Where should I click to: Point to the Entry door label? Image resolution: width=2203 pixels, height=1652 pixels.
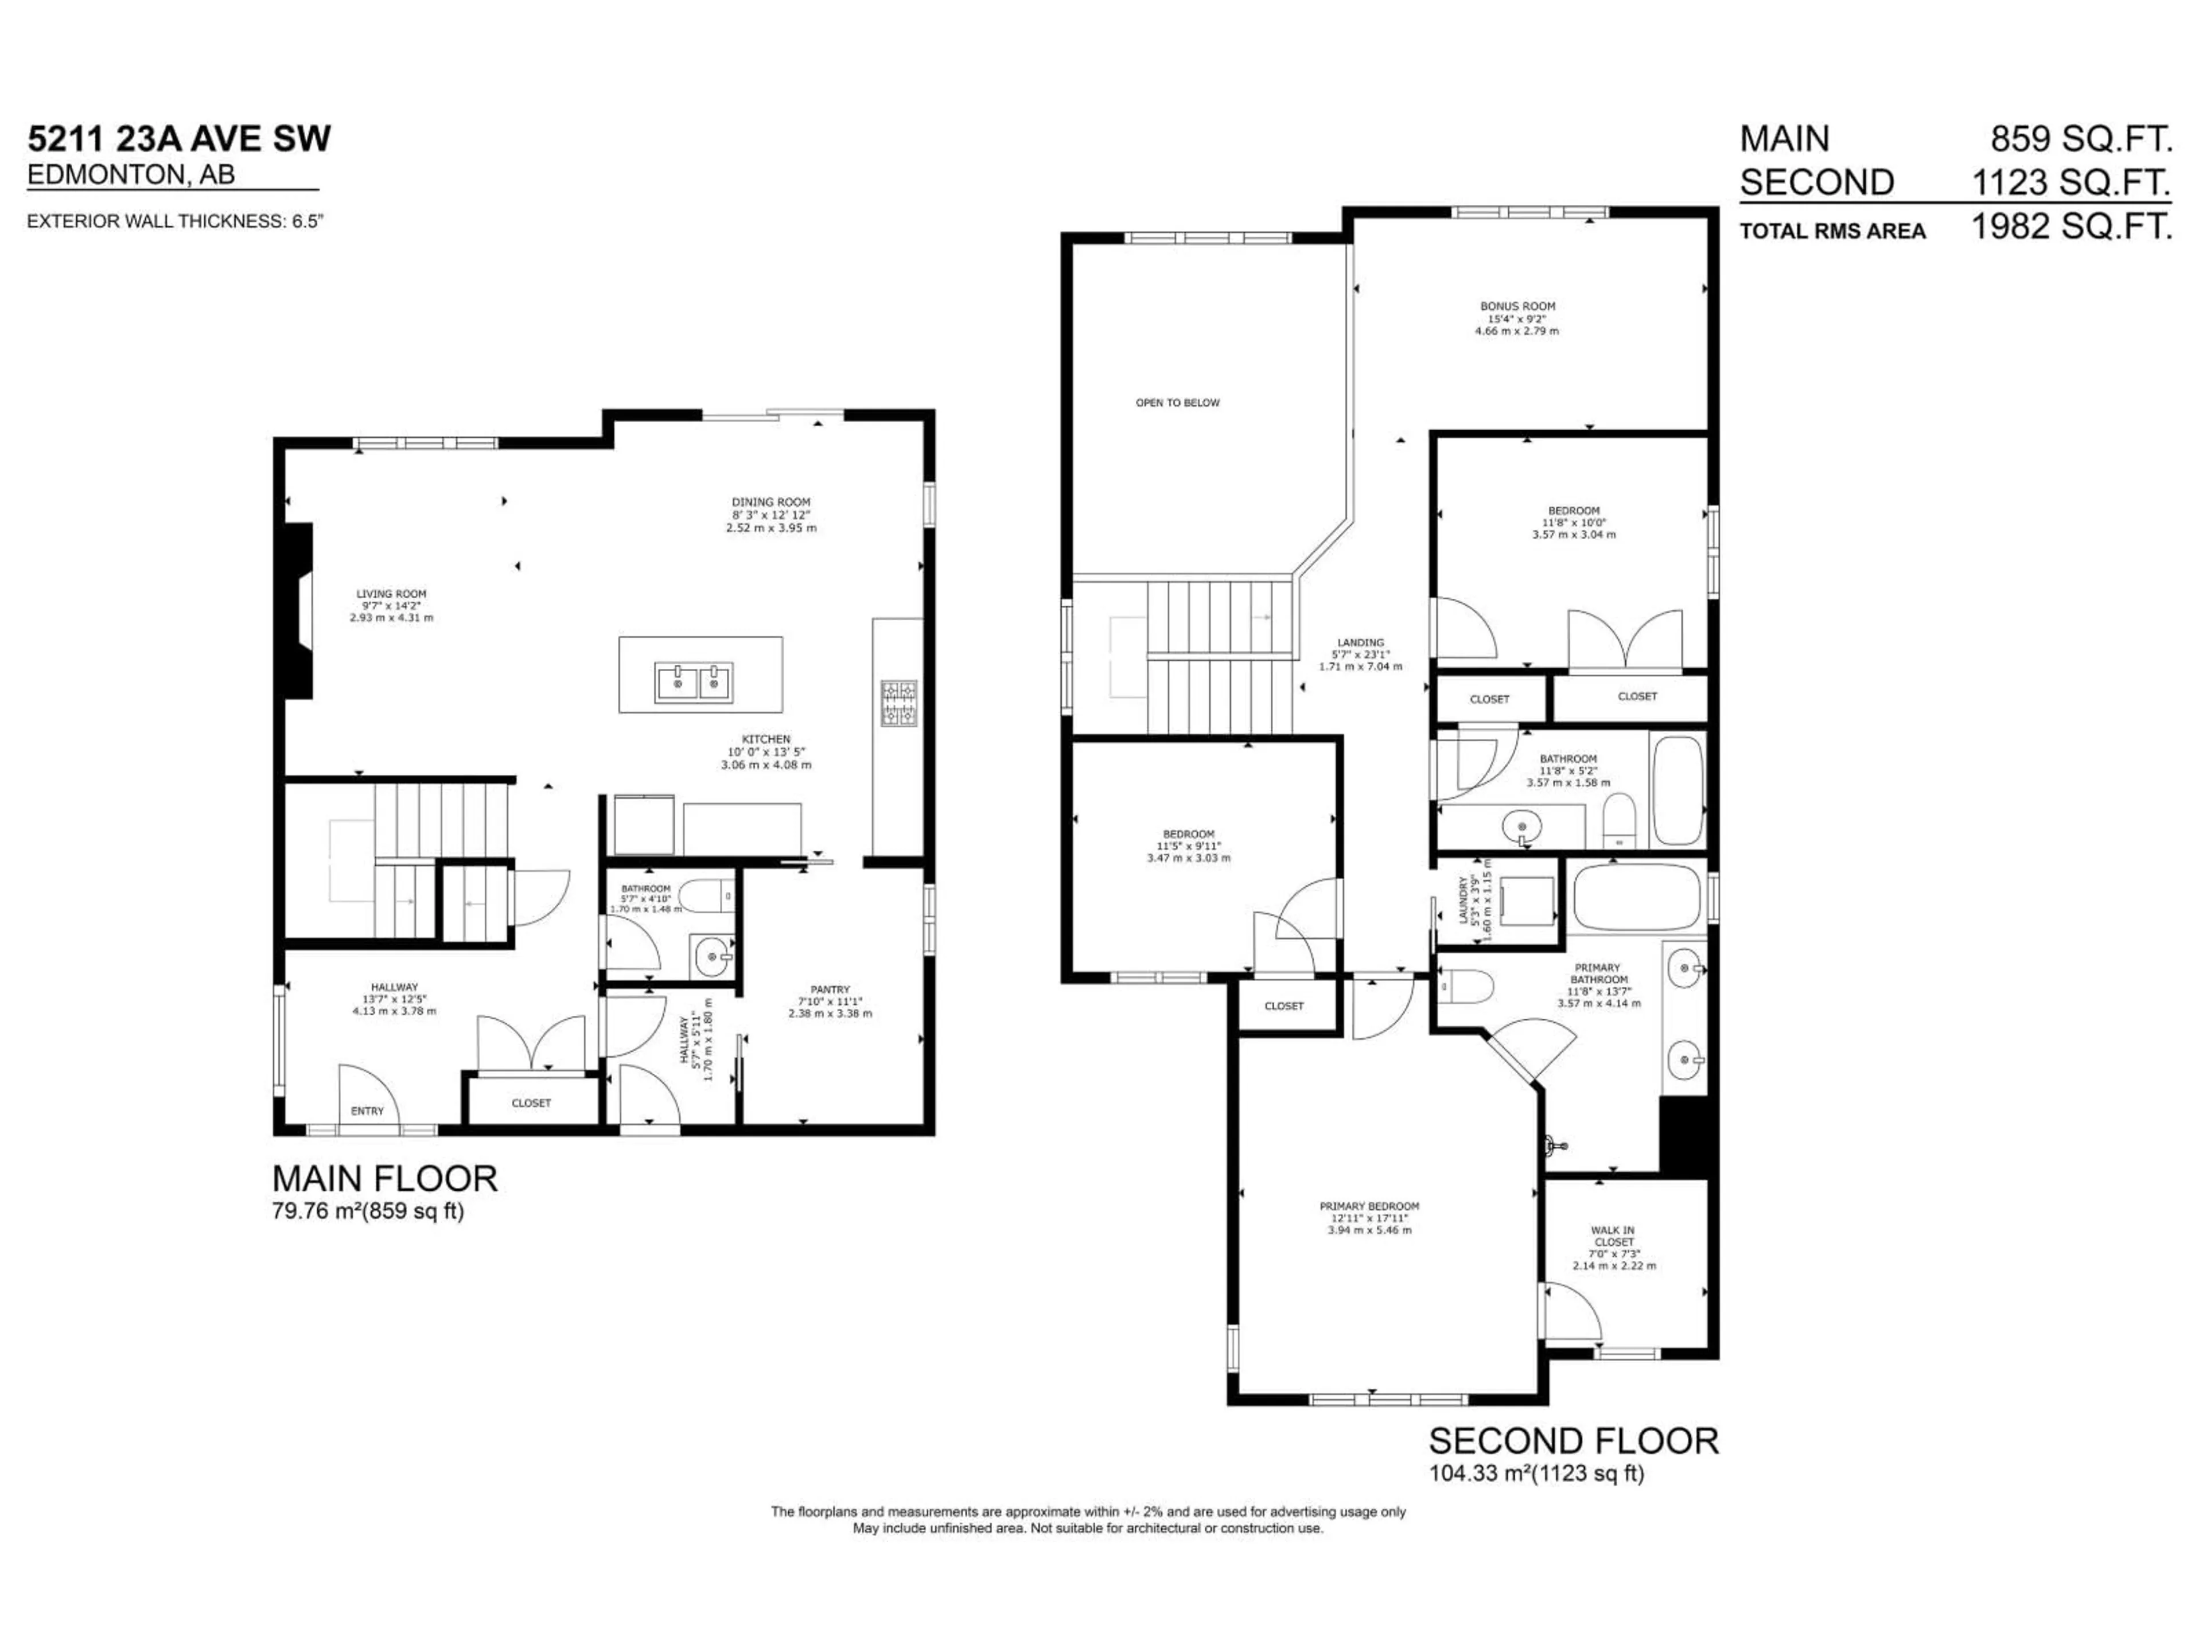pos(368,1111)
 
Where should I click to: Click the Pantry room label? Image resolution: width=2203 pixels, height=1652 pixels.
pos(830,990)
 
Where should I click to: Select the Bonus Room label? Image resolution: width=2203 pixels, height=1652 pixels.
pos(1517,307)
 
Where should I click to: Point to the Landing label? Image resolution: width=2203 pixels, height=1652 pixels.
pos(1360,643)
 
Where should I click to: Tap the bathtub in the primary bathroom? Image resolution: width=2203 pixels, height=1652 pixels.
pos(1633,896)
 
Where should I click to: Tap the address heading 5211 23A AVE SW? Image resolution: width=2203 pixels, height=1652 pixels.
pos(179,138)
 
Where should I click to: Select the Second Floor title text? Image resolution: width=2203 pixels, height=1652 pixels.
pos(1574,1441)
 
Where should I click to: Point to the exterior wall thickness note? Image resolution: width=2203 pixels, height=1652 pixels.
pos(176,221)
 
